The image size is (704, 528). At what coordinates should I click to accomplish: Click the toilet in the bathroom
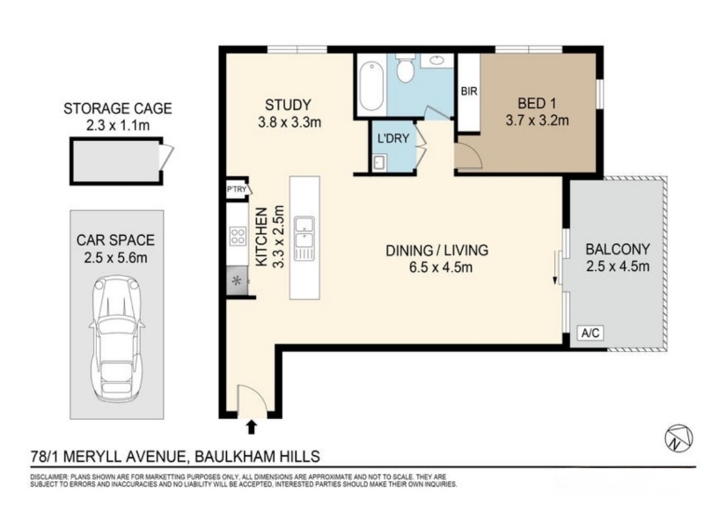click(405, 68)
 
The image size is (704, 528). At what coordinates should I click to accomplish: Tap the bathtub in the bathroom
click(371, 86)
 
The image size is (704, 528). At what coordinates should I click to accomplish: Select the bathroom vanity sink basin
click(436, 60)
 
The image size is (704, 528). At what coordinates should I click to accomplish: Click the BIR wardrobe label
click(469, 92)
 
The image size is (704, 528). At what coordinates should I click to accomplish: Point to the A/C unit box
click(590, 334)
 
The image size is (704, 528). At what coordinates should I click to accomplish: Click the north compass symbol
click(678, 437)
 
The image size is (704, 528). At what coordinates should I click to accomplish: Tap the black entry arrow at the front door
click(252, 427)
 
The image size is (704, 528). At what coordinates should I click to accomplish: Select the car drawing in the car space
click(117, 338)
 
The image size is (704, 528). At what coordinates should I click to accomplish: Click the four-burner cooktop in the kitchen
click(238, 236)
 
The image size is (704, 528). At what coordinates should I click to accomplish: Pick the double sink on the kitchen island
click(304, 238)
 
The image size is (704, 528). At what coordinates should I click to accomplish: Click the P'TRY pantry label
click(237, 189)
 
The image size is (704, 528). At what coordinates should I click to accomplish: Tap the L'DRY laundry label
click(393, 138)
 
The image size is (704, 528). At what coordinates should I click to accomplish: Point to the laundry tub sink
click(379, 162)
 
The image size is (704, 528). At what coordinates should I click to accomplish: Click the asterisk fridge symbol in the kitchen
click(237, 281)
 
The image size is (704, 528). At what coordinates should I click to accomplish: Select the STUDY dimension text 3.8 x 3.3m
click(290, 121)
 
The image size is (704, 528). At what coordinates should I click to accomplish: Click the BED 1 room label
click(537, 103)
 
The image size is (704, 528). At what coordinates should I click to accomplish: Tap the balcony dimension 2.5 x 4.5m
click(618, 267)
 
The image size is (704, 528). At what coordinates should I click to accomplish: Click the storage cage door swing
click(166, 158)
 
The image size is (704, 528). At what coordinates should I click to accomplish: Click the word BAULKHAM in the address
click(227, 457)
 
